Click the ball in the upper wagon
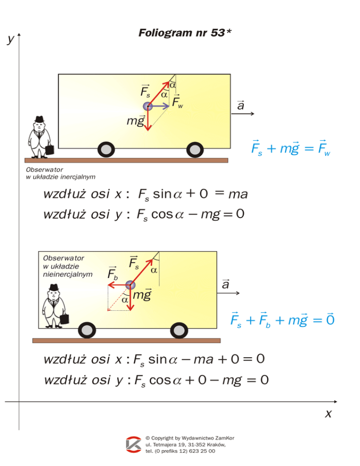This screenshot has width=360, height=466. tap(148, 106)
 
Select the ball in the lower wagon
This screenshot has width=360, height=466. tap(130, 285)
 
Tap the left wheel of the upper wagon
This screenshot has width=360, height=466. tap(107, 150)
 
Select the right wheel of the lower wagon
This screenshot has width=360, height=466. tap(179, 330)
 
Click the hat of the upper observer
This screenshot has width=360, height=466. tap(39, 119)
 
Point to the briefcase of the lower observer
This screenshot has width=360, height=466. tap(66, 317)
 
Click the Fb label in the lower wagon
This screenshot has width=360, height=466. tap(113, 273)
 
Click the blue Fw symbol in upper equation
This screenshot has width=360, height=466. tap(323, 150)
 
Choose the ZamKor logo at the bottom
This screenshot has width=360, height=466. tap(134, 444)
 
